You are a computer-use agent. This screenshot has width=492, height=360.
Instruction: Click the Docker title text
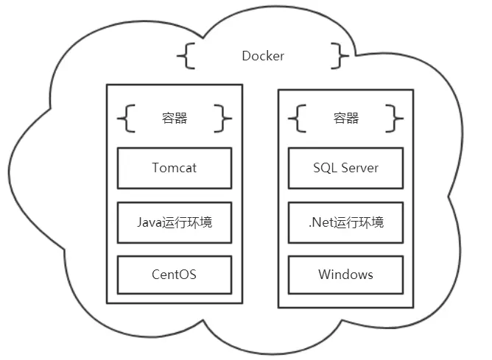coord(263,56)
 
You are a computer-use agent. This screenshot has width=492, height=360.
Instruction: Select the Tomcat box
coord(175,167)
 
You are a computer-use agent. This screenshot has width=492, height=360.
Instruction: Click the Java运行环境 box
coord(175,222)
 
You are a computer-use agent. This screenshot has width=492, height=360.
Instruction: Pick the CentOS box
coord(175,275)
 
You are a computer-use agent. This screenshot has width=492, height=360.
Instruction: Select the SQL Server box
coord(345,167)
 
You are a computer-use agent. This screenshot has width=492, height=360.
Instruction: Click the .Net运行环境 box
coord(345,222)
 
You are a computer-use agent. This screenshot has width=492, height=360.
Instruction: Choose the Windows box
coord(345,275)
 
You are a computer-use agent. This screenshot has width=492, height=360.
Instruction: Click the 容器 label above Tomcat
coord(175,118)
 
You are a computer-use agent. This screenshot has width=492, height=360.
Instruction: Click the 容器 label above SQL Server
coord(345,118)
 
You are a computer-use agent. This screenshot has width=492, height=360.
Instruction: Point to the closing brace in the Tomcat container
coord(222,118)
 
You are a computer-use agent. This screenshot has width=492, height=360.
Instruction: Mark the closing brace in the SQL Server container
coord(394,118)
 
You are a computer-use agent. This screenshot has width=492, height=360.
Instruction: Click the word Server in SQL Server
coord(359,167)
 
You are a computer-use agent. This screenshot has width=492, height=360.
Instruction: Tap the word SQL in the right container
coord(324,167)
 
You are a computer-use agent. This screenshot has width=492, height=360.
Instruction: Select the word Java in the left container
coord(150,222)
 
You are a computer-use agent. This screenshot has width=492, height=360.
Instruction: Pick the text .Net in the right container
coord(320,222)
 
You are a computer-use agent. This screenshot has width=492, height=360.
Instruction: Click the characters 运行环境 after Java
coord(189,222)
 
